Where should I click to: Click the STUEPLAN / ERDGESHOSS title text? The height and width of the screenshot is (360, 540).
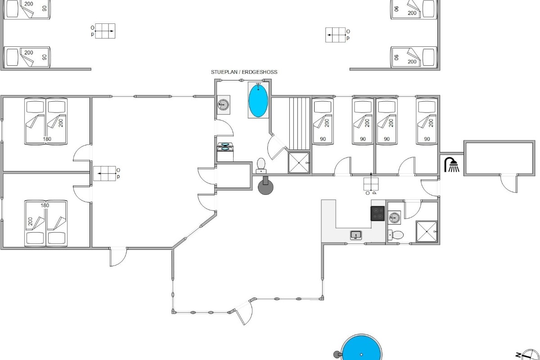[x=244, y=72]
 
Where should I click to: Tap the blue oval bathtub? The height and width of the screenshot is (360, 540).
[x=258, y=100]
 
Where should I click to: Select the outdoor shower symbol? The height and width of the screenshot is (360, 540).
[x=451, y=165]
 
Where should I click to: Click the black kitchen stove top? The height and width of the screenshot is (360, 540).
[x=378, y=213]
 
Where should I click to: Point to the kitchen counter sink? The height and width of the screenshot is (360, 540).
[x=356, y=235]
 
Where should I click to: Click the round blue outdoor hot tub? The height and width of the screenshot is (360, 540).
[x=361, y=347]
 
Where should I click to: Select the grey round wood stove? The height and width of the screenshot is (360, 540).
[x=265, y=186]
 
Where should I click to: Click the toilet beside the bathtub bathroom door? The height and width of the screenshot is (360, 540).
[x=261, y=166]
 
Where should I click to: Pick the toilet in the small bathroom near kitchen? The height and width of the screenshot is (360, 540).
[x=396, y=235]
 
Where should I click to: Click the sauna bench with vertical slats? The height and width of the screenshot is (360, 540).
[x=299, y=124]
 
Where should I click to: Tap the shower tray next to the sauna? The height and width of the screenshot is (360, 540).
[x=299, y=163]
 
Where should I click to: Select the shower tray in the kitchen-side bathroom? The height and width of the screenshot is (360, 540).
[x=427, y=231]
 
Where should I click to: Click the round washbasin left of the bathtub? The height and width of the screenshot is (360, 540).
[x=223, y=105]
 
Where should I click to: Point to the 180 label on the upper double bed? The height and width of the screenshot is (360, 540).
[x=47, y=139]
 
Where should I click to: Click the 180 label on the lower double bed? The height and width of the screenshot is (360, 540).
[x=45, y=206]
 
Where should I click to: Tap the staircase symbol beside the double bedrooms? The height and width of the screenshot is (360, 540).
[x=104, y=173]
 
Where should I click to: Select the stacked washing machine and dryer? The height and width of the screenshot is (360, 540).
[x=225, y=152]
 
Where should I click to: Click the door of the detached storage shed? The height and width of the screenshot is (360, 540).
[x=509, y=183]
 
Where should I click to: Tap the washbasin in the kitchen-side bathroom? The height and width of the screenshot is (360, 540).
[x=394, y=218]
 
